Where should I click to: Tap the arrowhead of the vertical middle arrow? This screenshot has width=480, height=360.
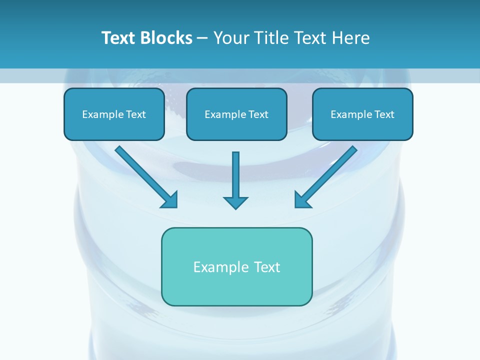click(235, 202)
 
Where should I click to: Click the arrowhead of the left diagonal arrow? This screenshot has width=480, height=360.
click(170, 200)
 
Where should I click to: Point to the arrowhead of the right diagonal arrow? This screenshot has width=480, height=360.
click(302, 200)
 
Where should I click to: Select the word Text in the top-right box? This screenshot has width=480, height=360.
click(384, 114)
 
